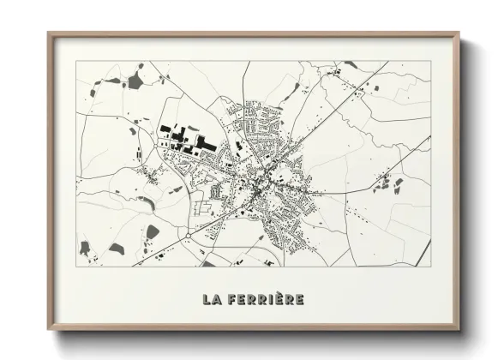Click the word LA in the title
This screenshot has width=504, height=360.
point(212,300)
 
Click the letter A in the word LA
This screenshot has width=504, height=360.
point(217,300)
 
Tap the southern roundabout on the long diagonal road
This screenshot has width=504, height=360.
point(187,233)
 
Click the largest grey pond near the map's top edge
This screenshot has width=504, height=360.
point(135,82)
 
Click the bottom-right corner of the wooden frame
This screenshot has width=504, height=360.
point(459,331)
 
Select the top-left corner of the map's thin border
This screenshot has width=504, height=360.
point(76,62)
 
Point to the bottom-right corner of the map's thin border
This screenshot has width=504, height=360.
point(430,266)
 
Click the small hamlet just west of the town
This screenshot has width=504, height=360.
point(154,177)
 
